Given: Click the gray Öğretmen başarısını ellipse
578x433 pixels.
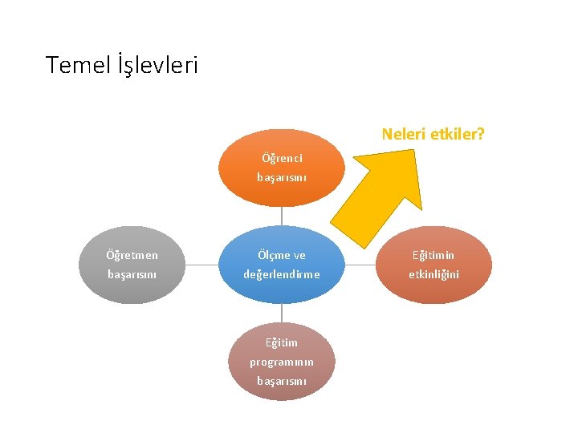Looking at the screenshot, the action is [132, 265].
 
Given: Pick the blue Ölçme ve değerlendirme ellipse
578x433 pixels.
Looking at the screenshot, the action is [282, 265].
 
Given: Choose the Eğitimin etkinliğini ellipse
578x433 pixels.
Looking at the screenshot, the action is [433, 265].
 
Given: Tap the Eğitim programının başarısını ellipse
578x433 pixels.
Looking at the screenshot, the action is [282, 361].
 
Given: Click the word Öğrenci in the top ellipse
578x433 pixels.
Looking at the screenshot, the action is [282, 159].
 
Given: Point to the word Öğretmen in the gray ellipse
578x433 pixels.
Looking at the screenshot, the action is [132, 255].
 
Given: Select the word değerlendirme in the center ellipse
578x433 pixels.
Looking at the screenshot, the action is [282, 274].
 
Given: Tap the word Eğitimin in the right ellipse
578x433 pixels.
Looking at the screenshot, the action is [433, 255].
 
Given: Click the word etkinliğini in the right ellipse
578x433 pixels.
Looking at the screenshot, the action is [433, 274].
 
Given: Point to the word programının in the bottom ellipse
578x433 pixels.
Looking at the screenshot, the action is [282, 362].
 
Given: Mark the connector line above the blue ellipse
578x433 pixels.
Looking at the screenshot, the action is [282, 216].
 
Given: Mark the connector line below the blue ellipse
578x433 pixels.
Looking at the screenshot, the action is [282, 314].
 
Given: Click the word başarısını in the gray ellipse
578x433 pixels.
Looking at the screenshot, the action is [132, 274].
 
